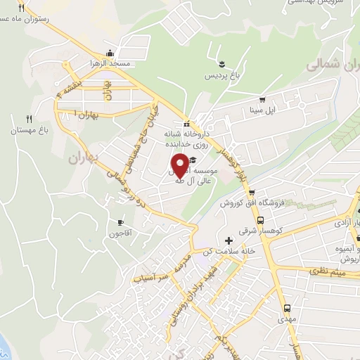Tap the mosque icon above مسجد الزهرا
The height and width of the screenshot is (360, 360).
[x=109, y=53]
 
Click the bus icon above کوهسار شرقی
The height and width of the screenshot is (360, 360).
[x=261, y=217]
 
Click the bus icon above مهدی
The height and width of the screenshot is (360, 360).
[x=287, y=308]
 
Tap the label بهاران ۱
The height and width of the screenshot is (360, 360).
[x=87, y=113]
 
